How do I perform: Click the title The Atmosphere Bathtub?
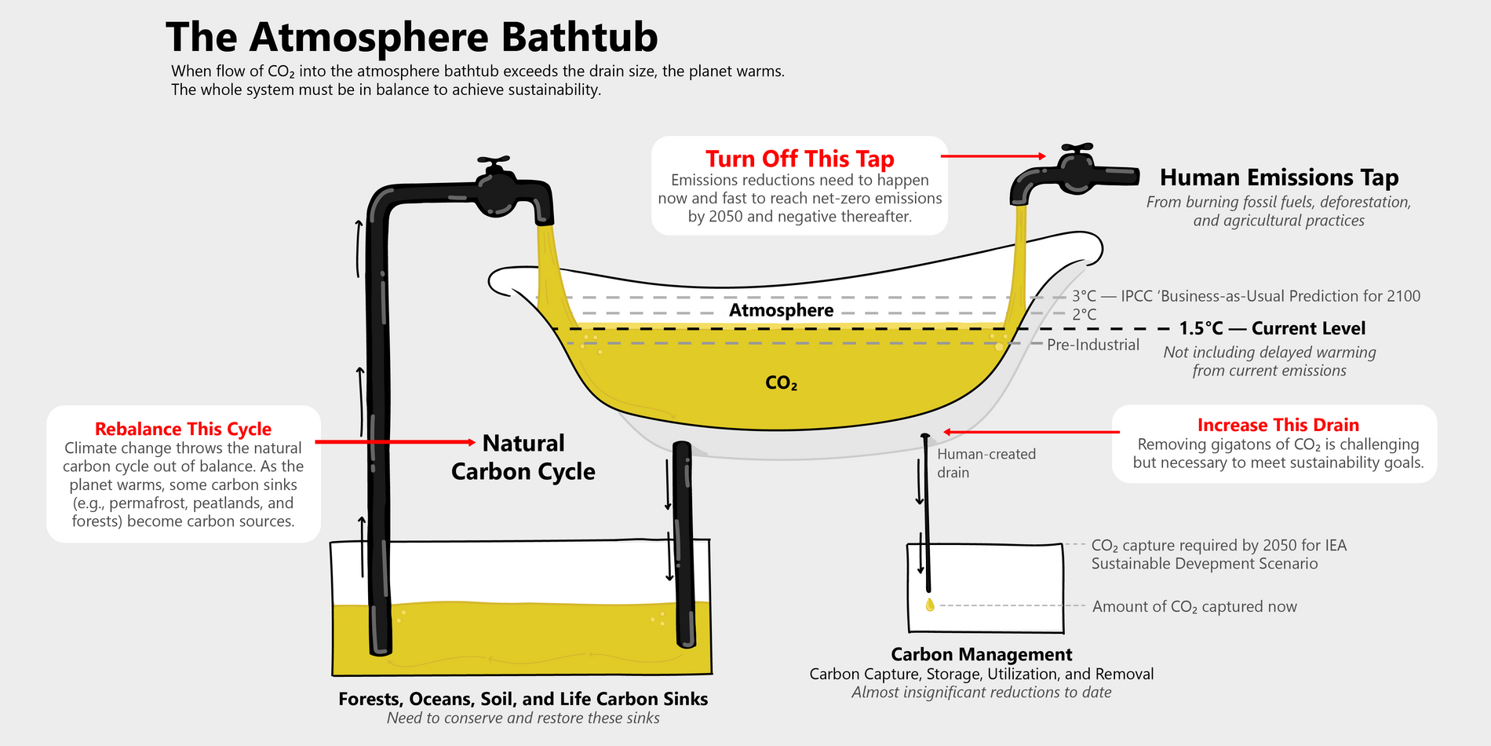click(x=411, y=37)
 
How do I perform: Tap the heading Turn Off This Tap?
click(x=799, y=159)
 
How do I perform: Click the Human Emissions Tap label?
click(x=1278, y=177)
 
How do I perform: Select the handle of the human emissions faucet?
click(x=1076, y=148)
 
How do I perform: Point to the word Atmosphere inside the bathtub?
click(x=781, y=310)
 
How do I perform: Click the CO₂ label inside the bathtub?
click(x=781, y=383)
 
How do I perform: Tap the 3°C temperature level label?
click(x=1084, y=296)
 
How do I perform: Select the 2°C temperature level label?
click(x=1084, y=314)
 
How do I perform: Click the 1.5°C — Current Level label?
click(x=1271, y=328)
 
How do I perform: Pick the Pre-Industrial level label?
click(x=1092, y=345)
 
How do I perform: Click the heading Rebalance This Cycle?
click(x=183, y=429)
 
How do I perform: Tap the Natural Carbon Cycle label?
click(x=523, y=457)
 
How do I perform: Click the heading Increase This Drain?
click(x=1278, y=425)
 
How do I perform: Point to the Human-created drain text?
click(x=985, y=463)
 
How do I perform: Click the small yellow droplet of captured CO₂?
click(x=930, y=605)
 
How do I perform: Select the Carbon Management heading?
click(x=981, y=654)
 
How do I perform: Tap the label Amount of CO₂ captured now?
click(x=1194, y=606)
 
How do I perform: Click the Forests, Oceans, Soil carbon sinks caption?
click(x=523, y=699)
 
